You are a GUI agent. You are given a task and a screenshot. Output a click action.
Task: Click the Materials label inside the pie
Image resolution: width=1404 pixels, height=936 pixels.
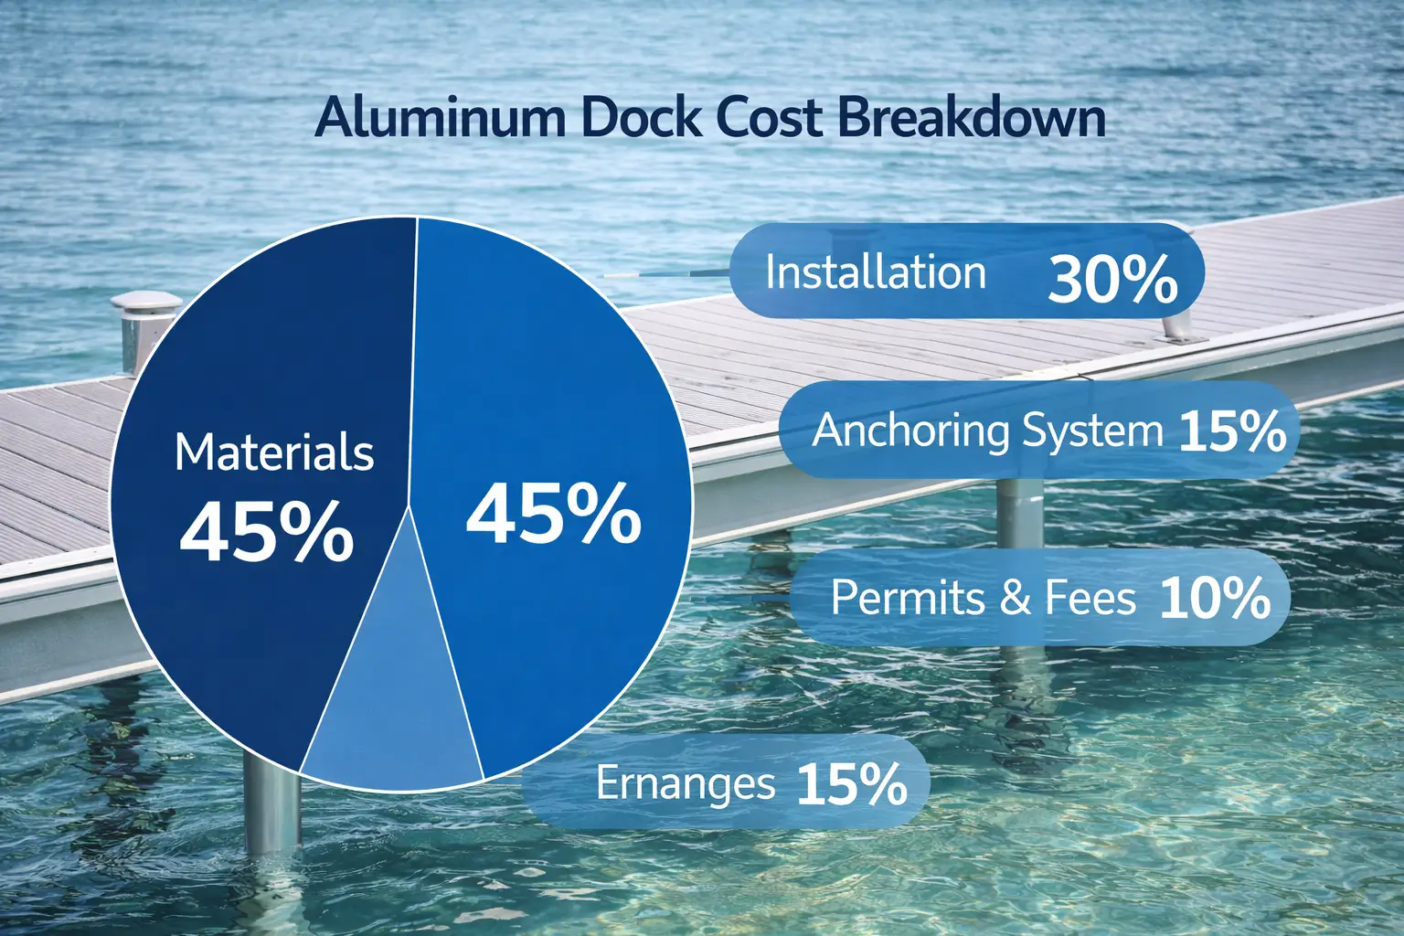274,452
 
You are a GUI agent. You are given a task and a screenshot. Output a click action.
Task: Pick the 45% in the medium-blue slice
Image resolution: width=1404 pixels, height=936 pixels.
554,514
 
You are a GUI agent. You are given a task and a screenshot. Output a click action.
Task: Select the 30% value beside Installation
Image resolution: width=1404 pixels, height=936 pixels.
1112,278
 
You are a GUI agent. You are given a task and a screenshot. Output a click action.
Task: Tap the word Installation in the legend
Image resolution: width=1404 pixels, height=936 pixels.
876,272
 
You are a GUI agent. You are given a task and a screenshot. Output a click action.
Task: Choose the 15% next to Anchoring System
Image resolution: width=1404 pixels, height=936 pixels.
1232,431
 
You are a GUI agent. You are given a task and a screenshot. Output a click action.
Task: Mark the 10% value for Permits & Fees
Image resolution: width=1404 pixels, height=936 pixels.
1215,599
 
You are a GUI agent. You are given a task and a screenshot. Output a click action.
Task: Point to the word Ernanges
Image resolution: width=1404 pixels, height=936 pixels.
686,783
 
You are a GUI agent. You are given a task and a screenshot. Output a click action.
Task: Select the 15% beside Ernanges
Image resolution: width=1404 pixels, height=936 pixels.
852,783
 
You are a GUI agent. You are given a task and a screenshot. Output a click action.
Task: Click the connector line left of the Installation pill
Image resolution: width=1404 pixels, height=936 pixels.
667,272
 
